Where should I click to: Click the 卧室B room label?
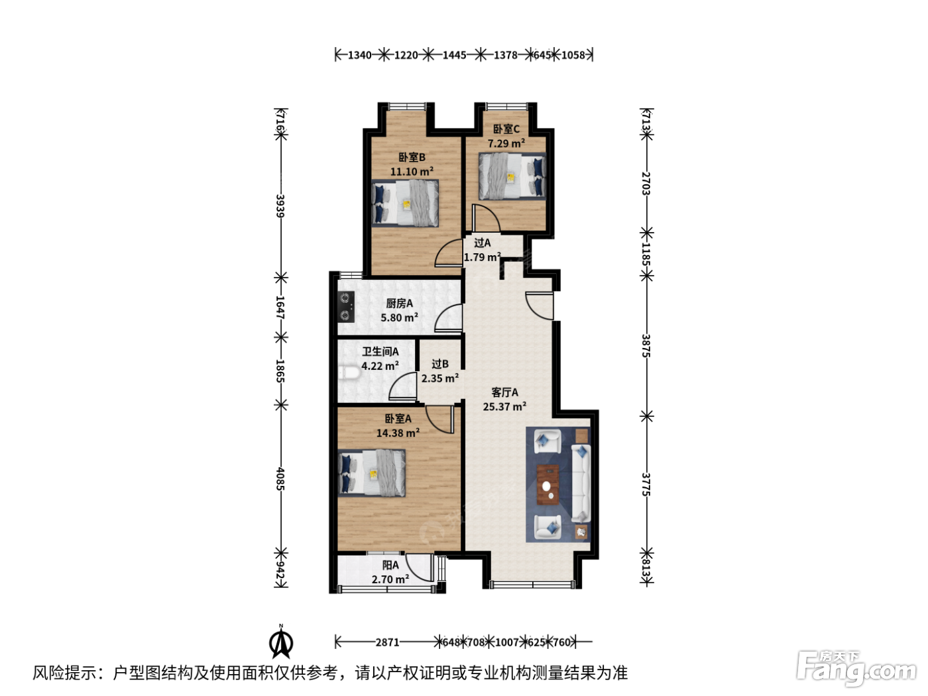click(412, 157)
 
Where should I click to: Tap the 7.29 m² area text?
click(506, 143)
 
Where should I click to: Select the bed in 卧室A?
click(372, 473)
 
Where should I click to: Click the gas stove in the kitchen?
click(346, 307)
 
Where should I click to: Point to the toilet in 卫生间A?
click(349, 373)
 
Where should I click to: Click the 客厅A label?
click(504, 392)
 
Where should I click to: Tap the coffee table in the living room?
click(548, 485)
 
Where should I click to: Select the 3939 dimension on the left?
click(280, 205)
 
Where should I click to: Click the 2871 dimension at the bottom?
click(387, 642)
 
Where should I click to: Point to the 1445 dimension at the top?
click(454, 55)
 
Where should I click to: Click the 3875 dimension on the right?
click(646, 345)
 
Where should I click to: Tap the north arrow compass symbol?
click(281, 642)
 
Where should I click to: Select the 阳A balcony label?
click(390, 565)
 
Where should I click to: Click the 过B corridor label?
click(439, 364)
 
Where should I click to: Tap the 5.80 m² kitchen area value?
click(400, 318)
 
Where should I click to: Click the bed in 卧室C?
click(512, 176)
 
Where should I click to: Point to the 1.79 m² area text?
click(483, 257)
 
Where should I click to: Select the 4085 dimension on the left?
click(280, 479)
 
